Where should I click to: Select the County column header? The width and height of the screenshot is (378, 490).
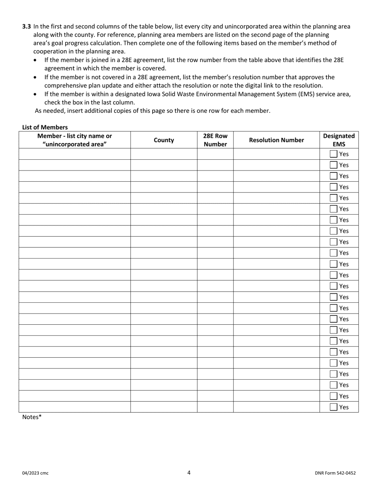tap(164, 140)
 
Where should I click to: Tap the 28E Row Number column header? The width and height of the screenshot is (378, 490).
tap(215, 140)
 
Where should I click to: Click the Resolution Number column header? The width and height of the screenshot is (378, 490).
tap(276, 140)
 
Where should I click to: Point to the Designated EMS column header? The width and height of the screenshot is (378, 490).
tap(339, 140)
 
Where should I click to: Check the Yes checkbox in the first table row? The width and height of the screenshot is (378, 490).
tap(333, 154)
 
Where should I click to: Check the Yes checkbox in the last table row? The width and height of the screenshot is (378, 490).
tap(333, 407)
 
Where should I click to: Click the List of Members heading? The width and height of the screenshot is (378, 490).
tap(45, 127)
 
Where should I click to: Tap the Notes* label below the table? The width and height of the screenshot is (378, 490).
tap(32, 417)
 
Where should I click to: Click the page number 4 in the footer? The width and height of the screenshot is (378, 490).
tap(189, 473)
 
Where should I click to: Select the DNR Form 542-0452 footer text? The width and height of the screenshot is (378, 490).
tap(335, 473)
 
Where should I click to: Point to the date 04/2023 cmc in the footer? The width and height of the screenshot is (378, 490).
tap(35, 473)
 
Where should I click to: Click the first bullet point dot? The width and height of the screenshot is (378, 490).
tap(37, 60)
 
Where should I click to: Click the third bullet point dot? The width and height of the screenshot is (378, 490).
tap(37, 94)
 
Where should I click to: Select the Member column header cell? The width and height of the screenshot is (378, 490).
tap(74, 140)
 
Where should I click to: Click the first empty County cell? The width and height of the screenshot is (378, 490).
tap(164, 154)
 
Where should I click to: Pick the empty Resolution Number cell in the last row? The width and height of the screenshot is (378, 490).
tap(276, 407)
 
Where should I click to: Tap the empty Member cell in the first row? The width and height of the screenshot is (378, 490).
tap(74, 154)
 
